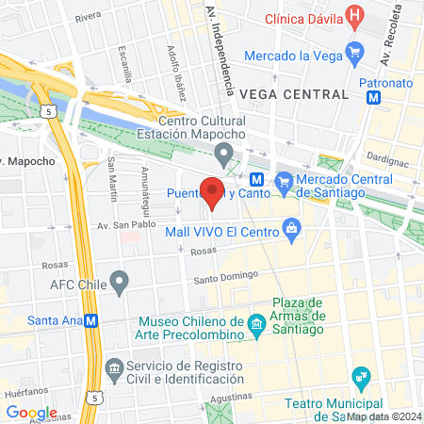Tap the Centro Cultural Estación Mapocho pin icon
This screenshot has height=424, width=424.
(224, 153)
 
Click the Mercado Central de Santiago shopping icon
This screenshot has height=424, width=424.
(283, 180)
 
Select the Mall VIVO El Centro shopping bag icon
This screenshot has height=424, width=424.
(291, 227)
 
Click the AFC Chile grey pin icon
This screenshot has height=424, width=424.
(119, 281)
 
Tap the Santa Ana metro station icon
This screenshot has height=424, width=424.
(91, 320)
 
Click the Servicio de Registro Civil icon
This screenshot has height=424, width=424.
(113, 367)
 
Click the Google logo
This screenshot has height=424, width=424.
(31, 412)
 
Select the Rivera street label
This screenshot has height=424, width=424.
(88, 17)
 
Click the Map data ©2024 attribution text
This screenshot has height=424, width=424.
(383, 416)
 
